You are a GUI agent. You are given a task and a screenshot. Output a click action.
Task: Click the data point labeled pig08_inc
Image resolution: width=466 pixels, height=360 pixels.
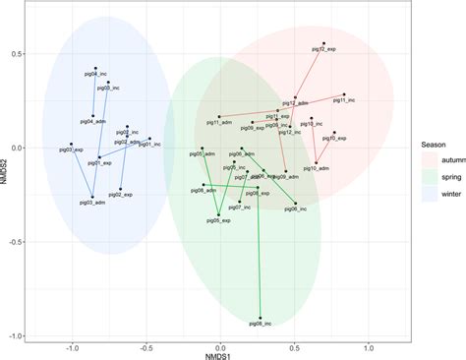tap(261, 318)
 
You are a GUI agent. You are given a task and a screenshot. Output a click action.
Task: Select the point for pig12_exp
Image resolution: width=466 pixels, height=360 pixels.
tap(324, 44)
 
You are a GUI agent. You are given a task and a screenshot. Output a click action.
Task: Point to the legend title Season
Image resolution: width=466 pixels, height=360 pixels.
tap(412, 138)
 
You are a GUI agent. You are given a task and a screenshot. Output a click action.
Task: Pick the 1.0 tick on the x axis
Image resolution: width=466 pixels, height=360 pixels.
tap(369, 345)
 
